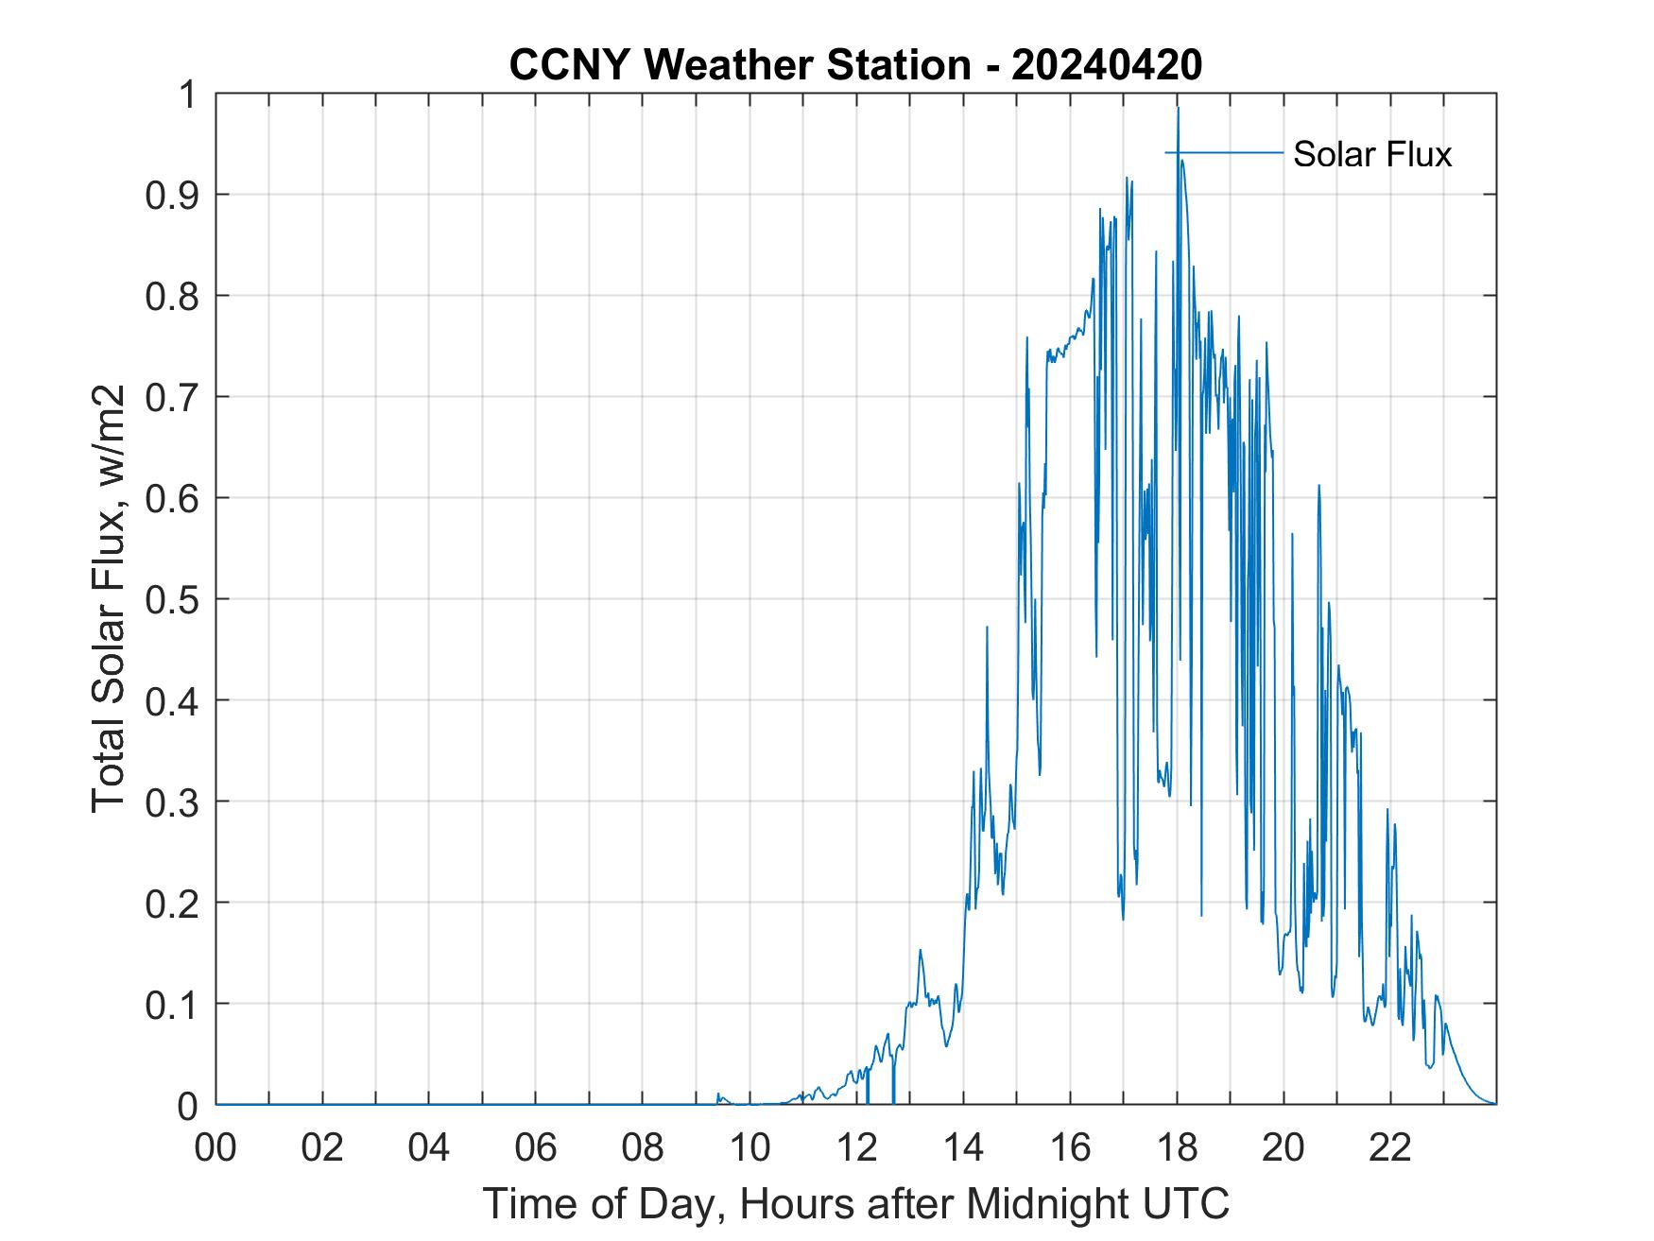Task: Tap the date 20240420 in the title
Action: [1107, 65]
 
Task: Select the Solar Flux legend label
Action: [1371, 154]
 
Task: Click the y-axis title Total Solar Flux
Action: [109, 599]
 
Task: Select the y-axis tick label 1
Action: [190, 95]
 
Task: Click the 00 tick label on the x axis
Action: [215, 1147]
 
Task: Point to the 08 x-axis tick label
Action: [643, 1147]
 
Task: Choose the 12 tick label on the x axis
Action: [856, 1147]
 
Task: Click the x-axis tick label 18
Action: [1177, 1147]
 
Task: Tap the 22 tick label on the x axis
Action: [1390, 1147]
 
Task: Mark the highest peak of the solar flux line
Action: [1178, 108]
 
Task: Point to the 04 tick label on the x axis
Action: [429, 1147]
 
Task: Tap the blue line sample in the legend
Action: [1224, 153]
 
